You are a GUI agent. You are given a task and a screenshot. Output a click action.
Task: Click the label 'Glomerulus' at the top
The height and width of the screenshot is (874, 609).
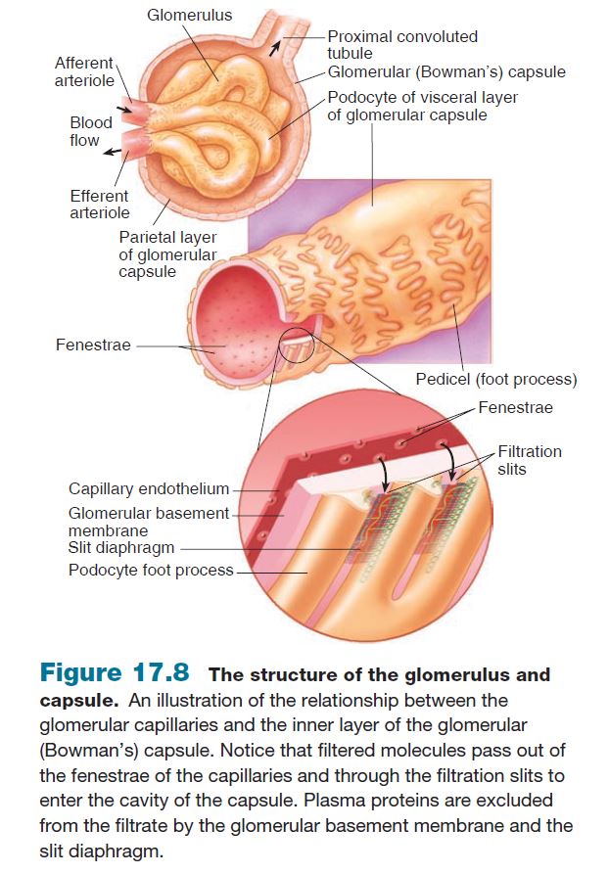(189, 16)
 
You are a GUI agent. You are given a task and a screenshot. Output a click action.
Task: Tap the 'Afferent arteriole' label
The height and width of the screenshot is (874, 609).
(84, 71)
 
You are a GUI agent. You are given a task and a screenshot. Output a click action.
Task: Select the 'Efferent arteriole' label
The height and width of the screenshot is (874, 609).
(99, 204)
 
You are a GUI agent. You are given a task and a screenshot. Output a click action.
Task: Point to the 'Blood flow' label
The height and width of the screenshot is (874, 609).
(90, 131)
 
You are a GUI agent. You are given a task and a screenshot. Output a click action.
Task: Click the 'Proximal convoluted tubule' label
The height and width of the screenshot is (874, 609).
(402, 44)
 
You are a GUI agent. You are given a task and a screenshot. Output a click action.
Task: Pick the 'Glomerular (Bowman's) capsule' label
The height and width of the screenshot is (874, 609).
(445, 72)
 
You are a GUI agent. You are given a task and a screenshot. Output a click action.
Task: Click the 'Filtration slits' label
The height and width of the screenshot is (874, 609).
(530, 460)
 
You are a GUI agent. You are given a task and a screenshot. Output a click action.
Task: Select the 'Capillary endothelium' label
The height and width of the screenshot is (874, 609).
(148, 488)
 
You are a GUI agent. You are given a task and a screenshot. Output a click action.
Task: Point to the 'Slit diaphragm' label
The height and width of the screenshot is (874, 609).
(122, 548)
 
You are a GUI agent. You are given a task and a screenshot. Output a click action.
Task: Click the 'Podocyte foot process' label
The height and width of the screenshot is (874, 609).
(151, 571)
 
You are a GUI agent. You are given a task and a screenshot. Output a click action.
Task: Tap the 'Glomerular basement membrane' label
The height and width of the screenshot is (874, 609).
(148, 521)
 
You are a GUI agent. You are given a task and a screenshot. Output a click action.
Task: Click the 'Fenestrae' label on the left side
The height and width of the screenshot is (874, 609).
(93, 345)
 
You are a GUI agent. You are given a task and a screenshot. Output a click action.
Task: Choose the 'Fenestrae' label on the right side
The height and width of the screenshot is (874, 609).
(516, 407)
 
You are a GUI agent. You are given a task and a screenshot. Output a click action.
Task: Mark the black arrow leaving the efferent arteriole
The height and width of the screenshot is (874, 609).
(114, 151)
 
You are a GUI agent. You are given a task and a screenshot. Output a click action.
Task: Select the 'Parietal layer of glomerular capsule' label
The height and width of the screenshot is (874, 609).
(167, 253)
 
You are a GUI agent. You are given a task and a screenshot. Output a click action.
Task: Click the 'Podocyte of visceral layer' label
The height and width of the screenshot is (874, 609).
(422, 106)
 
